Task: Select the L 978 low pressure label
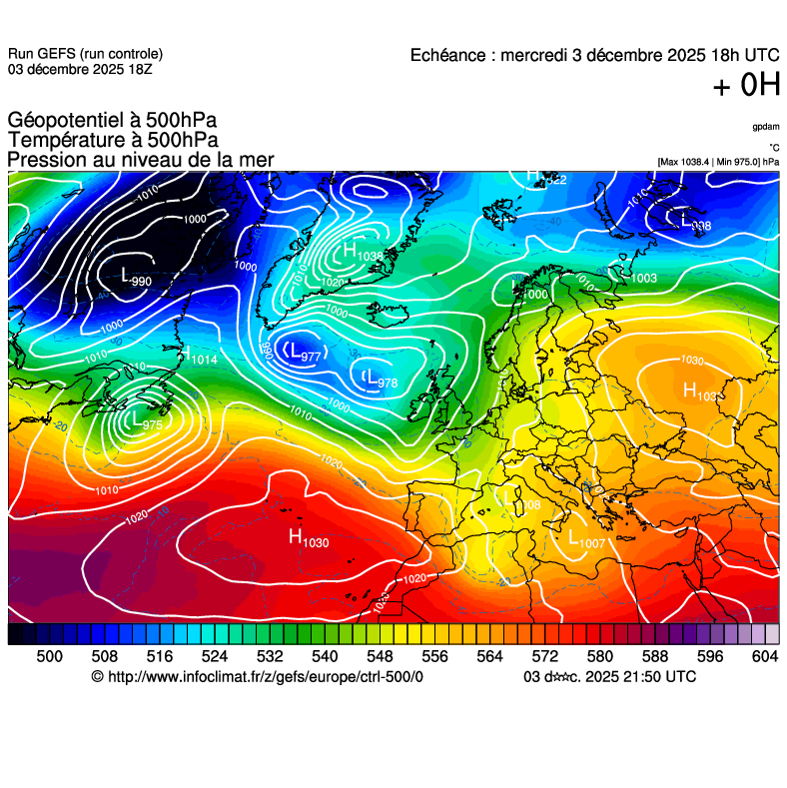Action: pos(381,380)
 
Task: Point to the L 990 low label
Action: pos(135,277)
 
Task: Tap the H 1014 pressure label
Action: pos(200,356)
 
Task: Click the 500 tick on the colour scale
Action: pos(49,656)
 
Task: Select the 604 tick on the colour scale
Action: pos(765,656)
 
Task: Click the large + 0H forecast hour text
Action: pos(746,87)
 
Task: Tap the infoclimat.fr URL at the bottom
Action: pos(257,677)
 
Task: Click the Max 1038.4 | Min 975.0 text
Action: pos(717,162)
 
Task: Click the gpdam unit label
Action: pos(766,127)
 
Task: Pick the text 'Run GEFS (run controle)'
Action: pos(85,54)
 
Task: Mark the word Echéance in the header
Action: pos(448,55)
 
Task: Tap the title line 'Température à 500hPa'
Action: pos(113,141)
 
